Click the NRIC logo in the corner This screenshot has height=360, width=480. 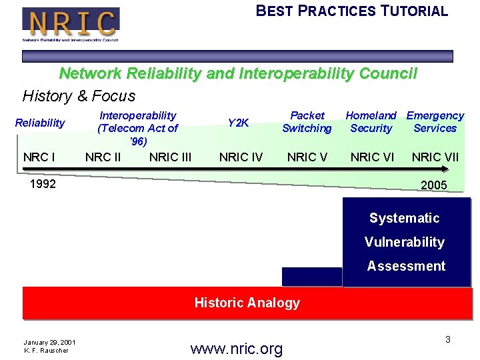[x=71, y=23]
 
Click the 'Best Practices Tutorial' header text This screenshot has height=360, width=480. [x=352, y=11]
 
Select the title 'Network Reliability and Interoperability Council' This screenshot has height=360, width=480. [x=238, y=73]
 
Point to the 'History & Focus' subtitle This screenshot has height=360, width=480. [x=79, y=96]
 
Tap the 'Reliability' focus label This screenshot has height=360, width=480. [x=40, y=123]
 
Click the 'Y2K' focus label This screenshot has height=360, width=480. [x=238, y=123]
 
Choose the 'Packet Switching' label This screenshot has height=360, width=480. [x=307, y=122]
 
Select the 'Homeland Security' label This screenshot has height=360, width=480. [x=371, y=122]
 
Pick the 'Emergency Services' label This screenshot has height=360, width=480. [x=435, y=122]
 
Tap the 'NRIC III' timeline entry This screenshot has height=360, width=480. [x=170, y=157]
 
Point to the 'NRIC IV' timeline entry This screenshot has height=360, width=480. [x=241, y=157]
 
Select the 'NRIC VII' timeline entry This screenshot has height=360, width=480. [x=435, y=157]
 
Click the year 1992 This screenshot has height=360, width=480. [x=43, y=184]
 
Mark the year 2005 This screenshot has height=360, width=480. [x=434, y=185]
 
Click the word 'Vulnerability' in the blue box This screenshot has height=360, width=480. [x=405, y=242]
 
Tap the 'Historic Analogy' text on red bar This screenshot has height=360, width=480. [x=247, y=303]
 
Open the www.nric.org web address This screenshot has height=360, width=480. [x=236, y=348]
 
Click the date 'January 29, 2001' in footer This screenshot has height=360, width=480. [x=49, y=343]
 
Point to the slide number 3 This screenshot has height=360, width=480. [x=448, y=340]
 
